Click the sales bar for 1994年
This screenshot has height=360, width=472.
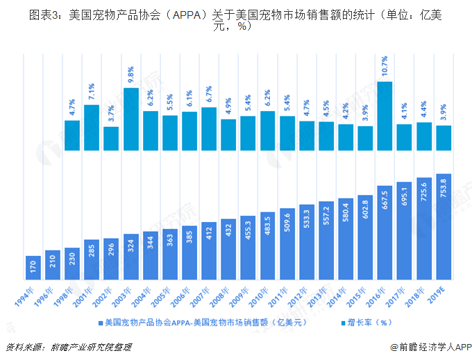pos(33,267)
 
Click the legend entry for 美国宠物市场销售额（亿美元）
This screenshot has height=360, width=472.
pos(202,323)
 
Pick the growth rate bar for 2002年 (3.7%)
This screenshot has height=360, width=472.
pos(111,138)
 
